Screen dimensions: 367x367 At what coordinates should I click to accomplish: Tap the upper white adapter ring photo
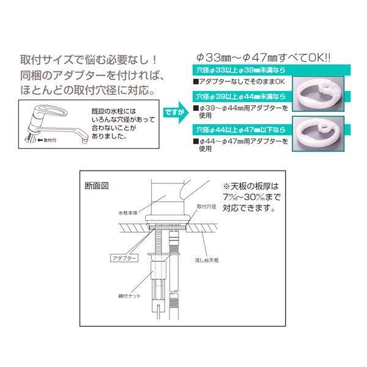coord(321,94)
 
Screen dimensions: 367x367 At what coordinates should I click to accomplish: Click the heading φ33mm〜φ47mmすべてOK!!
coord(263,58)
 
